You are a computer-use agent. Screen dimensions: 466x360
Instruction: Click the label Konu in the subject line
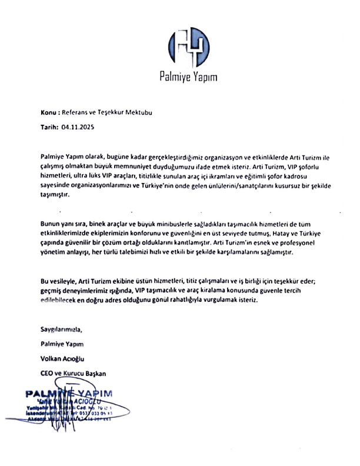(x=49, y=111)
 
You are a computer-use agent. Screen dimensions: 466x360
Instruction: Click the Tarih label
(x=50, y=126)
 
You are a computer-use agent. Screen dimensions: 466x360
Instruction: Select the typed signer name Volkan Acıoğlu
(x=66, y=358)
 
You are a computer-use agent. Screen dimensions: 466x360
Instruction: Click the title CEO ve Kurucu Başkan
(x=74, y=373)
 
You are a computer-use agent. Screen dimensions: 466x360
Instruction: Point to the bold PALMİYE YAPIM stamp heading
(x=69, y=393)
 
